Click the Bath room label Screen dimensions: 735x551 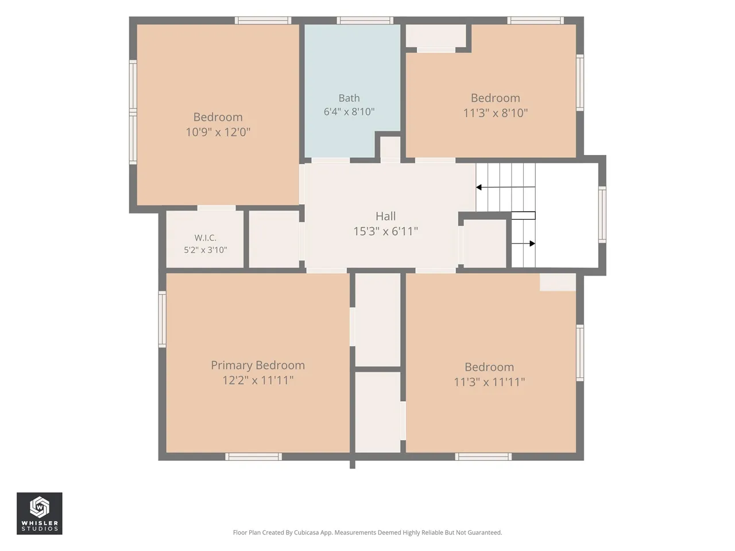pyautogui.click(x=349, y=98)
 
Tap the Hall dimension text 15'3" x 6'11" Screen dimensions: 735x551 pyautogui.click(x=386, y=231)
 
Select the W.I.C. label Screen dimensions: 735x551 pyautogui.click(x=205, y=238)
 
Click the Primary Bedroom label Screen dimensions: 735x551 pyautogui.click(x=258, y=365)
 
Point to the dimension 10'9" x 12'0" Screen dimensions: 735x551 pyautogui.click(x=218, y=132)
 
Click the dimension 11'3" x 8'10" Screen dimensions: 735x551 pyautogui.click(x=495, y=113)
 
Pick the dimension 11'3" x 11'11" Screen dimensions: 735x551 pyautogui.click(x=489, y=382)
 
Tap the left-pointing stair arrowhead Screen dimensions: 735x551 pyautogui.click(x=479, y=187)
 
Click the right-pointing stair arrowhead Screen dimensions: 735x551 pyautogui.click(x=532, y=243)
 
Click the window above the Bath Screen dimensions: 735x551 pyautogui.click(x=365, y=21)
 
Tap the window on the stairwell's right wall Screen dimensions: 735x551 pyautogui.click(x=602, y=215)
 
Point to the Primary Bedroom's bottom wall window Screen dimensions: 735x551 pyautogui.click(x=253, y=457)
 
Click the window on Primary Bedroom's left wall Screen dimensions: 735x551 pyautogui.click(x=162, y=319)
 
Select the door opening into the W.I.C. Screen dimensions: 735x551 pyautogui.click(x=216, y=208)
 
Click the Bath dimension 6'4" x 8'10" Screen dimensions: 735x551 pyautogui.click(x=349, y=111)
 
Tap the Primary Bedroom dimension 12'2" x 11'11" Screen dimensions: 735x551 pyautogui.click(x=258, y=381)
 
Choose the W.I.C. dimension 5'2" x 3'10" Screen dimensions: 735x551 pyautogui.click(x=205, y=250)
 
